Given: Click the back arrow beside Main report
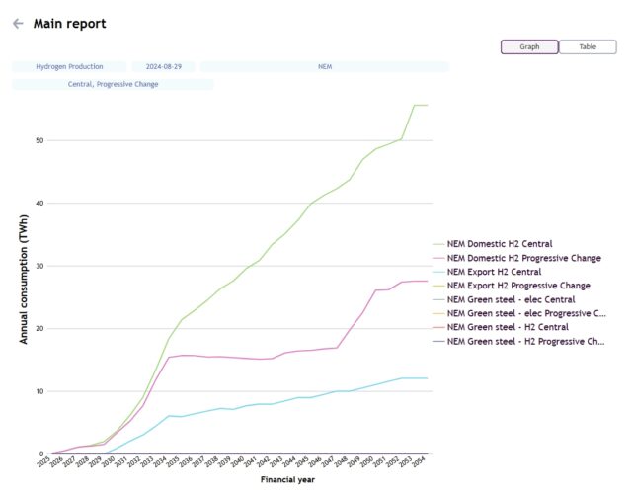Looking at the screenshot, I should tap(18, 24).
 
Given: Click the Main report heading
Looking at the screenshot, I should tap(70, 24).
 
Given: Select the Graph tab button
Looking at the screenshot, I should tap(529, 46).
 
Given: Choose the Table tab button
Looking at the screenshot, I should tap(588, 46).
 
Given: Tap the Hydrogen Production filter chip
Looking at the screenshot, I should tap(69, 66).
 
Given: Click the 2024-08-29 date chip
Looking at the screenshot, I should tap(165, 66).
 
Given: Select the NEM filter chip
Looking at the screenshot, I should tap(324, 66).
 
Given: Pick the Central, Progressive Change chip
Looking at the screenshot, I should tap(113, 84).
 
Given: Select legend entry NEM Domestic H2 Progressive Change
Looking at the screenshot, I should tap(523, 257).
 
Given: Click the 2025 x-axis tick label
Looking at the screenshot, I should tap(44, 463).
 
